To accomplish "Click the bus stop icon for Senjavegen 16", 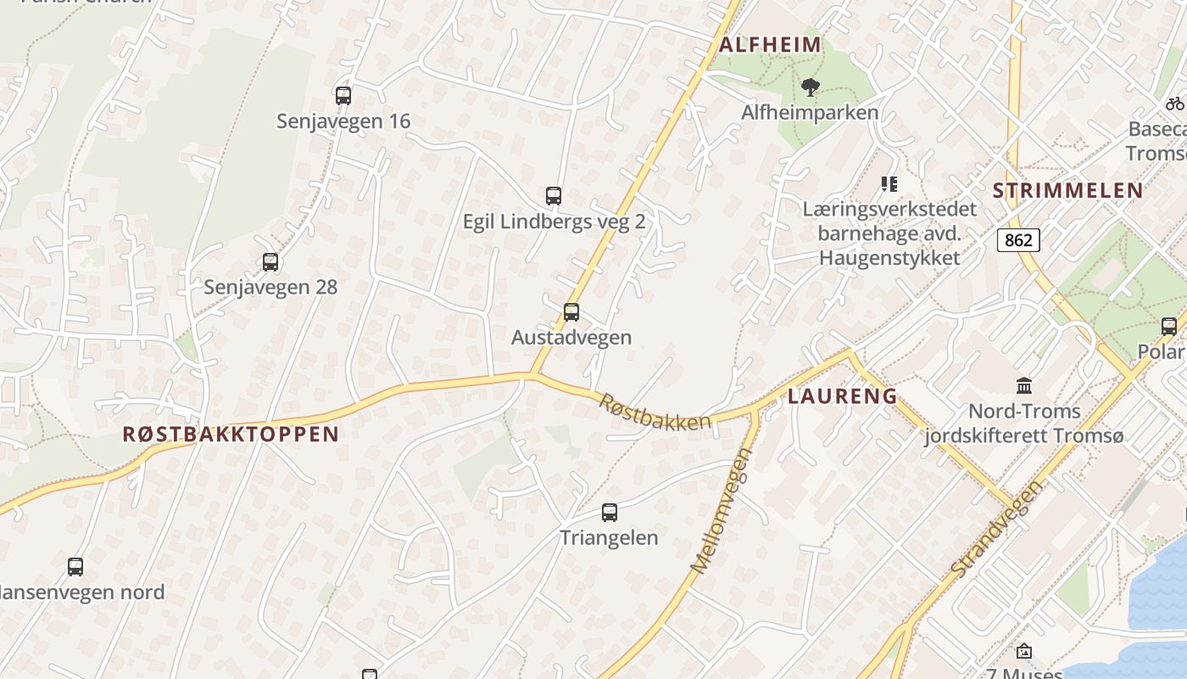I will pos(343,96).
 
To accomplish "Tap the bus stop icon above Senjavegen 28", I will pos(270,262).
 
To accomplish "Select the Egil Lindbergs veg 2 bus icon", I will pos(554,196).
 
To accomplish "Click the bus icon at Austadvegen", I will pos(571,311).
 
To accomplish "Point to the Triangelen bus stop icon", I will pos(610,512).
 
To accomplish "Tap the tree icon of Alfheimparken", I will pos(811,87).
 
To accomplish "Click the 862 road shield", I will pos(1018,240).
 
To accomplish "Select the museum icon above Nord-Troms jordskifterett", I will pos(1024,386).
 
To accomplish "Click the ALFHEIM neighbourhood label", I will pos(770,45).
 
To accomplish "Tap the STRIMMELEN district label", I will pos(1068,190).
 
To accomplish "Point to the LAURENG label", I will pos(843,396).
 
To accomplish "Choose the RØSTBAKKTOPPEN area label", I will pos(231,435).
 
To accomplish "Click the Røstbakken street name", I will pos(655,412).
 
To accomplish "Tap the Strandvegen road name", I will pos(997,528).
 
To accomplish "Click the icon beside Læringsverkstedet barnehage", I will pos(889,183).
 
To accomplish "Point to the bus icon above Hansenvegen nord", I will pos(75,566).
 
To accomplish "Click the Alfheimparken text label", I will pos(810,112).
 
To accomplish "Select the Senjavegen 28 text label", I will pos(270,287).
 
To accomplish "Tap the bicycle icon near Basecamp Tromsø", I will pos(1174,104).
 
